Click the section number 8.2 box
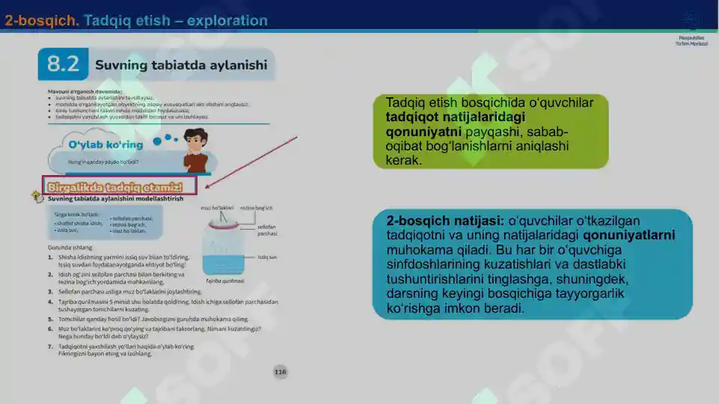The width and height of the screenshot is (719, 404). pos(63,65)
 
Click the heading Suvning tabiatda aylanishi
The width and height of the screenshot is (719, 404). pos(180,65)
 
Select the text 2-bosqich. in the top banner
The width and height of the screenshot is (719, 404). pos(42,21)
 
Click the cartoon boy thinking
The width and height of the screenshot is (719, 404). pos(196,150)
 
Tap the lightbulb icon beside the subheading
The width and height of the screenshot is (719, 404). pos(34,196)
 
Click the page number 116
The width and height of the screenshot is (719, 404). pos(280,372)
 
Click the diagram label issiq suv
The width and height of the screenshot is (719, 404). pos(267,257)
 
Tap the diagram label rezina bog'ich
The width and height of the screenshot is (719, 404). pos(256,207)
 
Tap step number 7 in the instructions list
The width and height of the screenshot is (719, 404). pos(50,346)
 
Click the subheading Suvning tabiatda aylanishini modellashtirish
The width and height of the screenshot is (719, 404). pos(115,200)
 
